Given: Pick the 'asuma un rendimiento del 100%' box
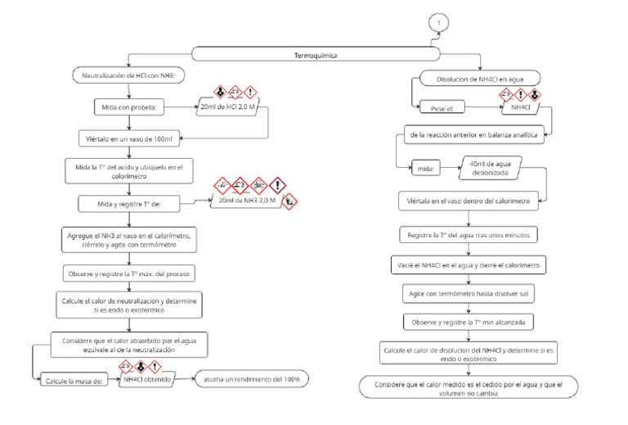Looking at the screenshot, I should (x=246, y=379).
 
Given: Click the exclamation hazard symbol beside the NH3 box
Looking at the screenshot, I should (x=277, y=186).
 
